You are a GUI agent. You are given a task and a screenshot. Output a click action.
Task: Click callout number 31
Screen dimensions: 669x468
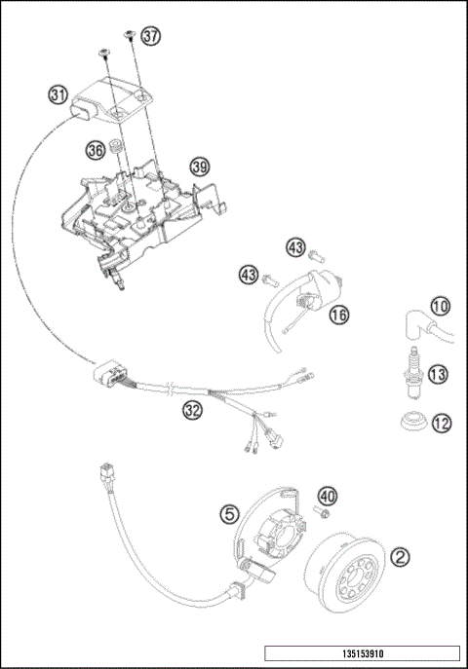click(x=58, y=94)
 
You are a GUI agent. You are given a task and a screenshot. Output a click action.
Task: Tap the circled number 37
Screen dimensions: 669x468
click(x=149, y=36)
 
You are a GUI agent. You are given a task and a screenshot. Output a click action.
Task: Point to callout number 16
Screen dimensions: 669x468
click(x=337, y=315)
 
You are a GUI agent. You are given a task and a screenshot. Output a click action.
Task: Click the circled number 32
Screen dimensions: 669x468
click(x=193, y=410)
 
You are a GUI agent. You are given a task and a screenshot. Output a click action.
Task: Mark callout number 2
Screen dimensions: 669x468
click(x=399, y=557)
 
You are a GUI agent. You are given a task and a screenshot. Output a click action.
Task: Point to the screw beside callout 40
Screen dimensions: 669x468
click(x=319, y=509)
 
